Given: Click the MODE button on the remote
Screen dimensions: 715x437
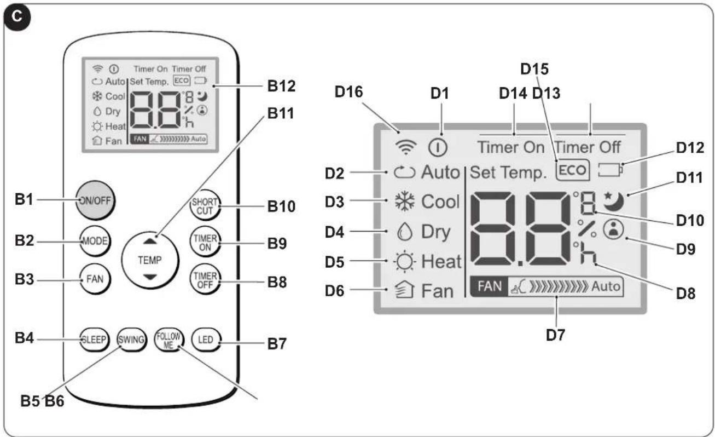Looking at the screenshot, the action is click(95, 241).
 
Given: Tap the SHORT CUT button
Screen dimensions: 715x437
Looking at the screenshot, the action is click(205, 205).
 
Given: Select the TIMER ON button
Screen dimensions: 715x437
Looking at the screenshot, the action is click(205, 243).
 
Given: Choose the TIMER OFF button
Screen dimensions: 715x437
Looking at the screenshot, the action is click(205, 280).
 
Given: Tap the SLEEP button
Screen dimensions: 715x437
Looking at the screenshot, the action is click(94, 340).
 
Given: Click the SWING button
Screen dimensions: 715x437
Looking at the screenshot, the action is click(131, 340).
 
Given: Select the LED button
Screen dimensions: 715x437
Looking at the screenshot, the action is click(206, 340).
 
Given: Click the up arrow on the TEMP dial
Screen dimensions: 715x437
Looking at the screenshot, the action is click(150, 242).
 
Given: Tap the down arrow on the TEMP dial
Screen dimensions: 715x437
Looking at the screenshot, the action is click(150, 277).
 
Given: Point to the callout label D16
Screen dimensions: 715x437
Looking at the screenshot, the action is click(348, 91).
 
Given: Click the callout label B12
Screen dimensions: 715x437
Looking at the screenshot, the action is click(281, 87).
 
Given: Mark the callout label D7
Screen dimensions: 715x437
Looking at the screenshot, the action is click(555, 335).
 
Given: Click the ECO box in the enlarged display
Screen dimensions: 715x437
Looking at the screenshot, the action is click(573, 170).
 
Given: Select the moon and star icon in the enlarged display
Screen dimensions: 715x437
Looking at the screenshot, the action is click(613, 202).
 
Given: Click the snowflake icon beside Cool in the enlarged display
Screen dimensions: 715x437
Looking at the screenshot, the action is click(405, 202).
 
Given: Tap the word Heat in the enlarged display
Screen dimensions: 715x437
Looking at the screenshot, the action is click(441, 262).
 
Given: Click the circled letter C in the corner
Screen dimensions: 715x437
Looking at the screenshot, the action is click(17, 17).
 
